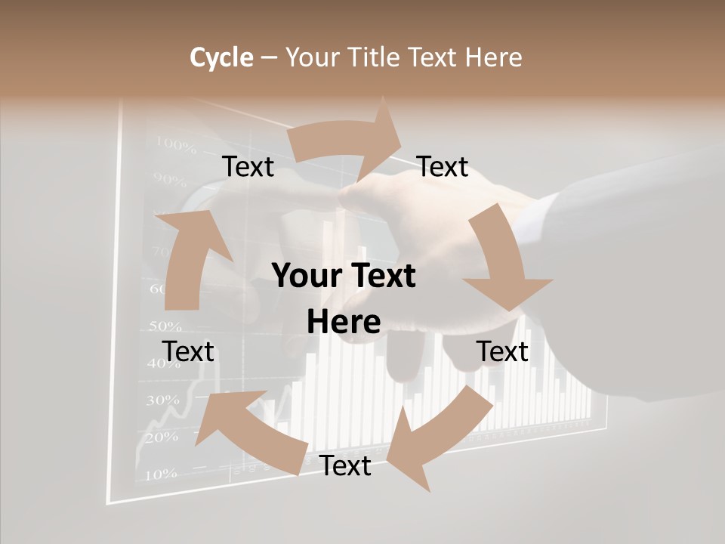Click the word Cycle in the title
point(221,57)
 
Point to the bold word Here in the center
point(344,323)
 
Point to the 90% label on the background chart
point(169,180)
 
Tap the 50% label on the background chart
point(165,326)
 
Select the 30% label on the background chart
point(162,400)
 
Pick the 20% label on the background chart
point(160,437)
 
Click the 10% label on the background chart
point(159,474)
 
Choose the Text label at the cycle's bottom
point(345,466)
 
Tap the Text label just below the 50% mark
point(188,351)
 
